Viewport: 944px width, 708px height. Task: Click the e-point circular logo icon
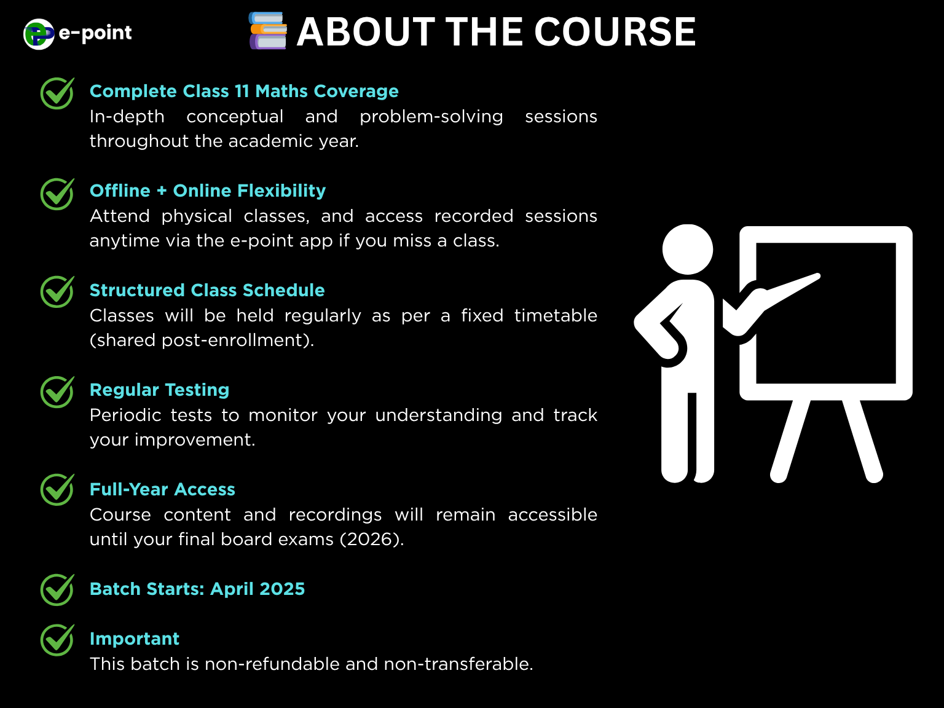tap(39, 34)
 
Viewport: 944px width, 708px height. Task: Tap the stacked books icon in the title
tap(268, 31)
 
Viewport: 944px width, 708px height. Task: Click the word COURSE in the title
tap(615, 32)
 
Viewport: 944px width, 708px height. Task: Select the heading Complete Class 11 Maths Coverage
tap(244, 91)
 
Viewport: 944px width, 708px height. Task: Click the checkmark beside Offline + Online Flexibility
tap(57, 194)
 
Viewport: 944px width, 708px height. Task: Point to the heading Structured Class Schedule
tap(207, 290)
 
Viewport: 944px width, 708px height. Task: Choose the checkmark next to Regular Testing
tap(57, 391)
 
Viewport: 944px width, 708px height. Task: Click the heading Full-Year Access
tap(162, 489)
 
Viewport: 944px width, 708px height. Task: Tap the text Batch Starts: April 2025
tap(197, 589)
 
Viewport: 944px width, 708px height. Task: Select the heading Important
tap(134, 639)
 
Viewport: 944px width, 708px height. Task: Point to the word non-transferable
tap(458, 664)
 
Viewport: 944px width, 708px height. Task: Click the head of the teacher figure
tap(687, 250)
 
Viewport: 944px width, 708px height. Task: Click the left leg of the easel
tap(790, 441)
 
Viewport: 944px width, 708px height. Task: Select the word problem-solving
tap(431, 117)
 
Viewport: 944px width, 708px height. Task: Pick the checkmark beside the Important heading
tap(57, 640)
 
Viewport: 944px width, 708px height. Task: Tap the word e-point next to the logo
tap(95, 33)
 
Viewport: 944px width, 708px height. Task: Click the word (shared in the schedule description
tap(122, 340)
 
